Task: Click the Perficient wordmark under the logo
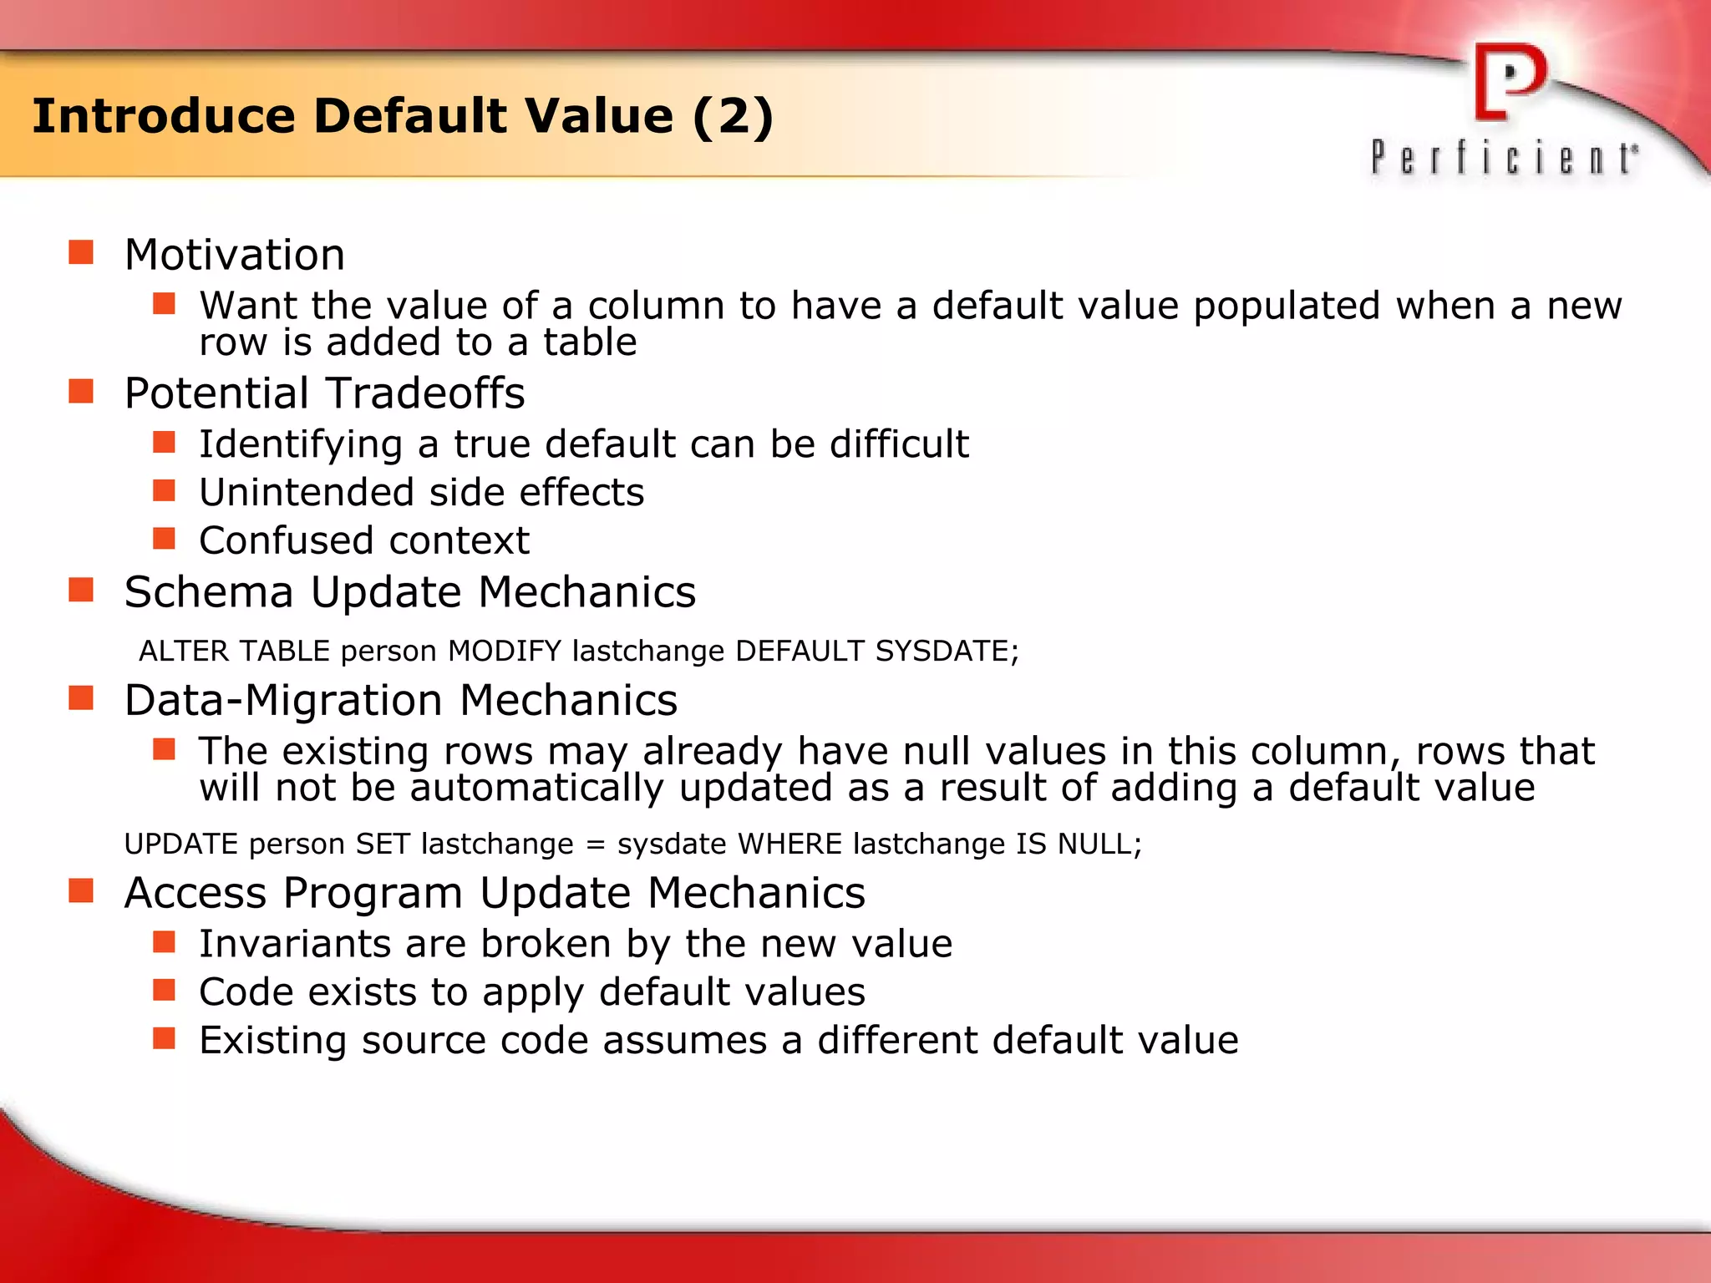click(1504, 158)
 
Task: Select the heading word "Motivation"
click(235, 255)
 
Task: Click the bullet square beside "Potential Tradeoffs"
click(81, 391)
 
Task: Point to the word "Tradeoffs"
click(425, 393)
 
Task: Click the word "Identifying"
click(301, 444)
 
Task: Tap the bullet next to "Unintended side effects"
click(164, 490)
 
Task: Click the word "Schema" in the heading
click(209, 592)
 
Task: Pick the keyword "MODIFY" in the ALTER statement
click(505, 651)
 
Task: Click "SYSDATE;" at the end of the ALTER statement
click(947, 651)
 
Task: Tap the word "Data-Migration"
click(284, 700)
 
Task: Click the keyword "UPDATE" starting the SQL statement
click(181, 844)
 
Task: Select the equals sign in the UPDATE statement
click(595, 844)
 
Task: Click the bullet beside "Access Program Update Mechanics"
click(81, 891)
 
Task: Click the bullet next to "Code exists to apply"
click(164, 990)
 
